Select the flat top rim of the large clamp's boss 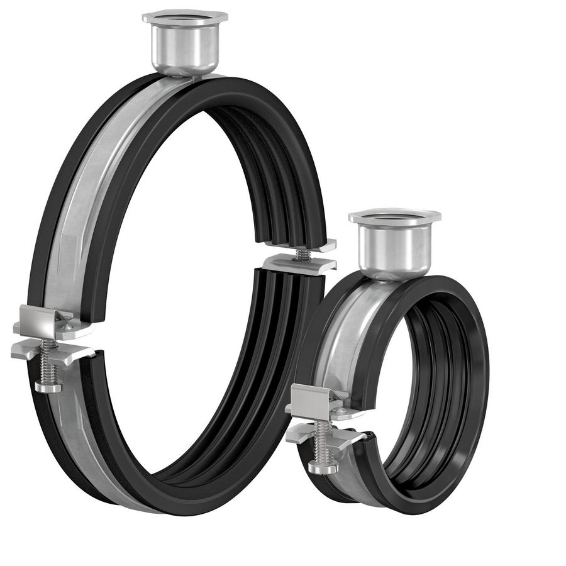[x=184, y=16]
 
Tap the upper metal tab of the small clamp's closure [x=314, y=399]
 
